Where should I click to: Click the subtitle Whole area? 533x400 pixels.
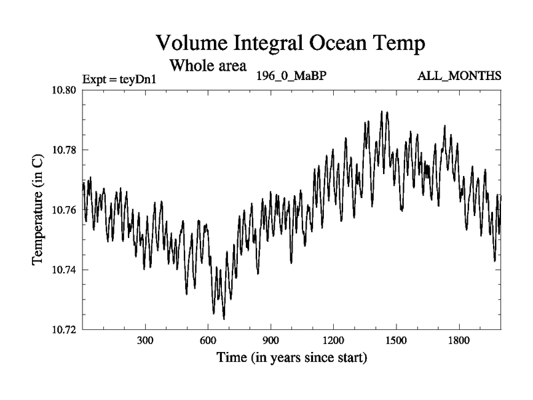209,66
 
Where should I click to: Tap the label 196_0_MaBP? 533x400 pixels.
291,75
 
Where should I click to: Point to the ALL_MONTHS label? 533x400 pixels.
459,75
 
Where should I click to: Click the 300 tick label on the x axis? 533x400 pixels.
145,341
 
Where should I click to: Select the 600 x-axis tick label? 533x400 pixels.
208,341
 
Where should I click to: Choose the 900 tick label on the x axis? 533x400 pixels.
270,341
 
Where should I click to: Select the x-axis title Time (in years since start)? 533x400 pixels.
292,358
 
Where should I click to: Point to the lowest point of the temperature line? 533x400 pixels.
224,319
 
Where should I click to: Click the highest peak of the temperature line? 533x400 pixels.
381,111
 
